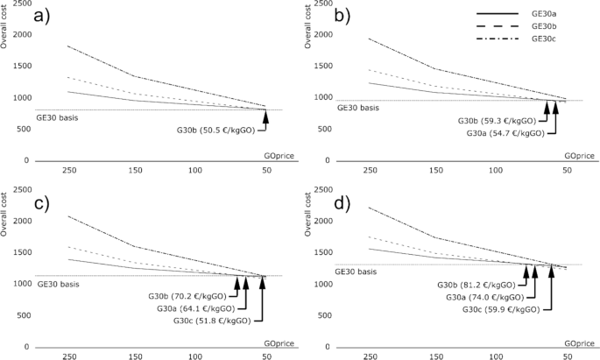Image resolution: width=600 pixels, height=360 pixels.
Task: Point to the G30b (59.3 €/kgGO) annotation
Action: tap(496, 121)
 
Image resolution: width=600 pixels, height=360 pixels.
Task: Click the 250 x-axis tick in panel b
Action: tap(370, 170)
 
